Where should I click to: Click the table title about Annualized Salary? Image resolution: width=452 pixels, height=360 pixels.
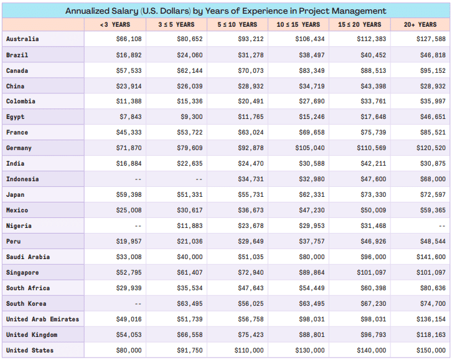coord(225,11)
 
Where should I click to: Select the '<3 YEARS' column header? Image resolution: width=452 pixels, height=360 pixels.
coord(115,24)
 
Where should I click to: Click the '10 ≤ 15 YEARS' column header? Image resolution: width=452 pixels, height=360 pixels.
coord(298,24)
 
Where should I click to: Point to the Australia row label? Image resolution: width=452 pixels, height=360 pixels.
coord(22,39)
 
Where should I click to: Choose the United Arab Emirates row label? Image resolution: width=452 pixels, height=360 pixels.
coord(43,320)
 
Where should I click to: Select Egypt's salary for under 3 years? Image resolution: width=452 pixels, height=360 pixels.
coord(130,117)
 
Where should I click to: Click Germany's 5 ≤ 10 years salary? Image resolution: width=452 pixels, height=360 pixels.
coord(250,148)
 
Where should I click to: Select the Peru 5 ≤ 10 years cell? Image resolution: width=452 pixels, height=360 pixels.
coord(250,242)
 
